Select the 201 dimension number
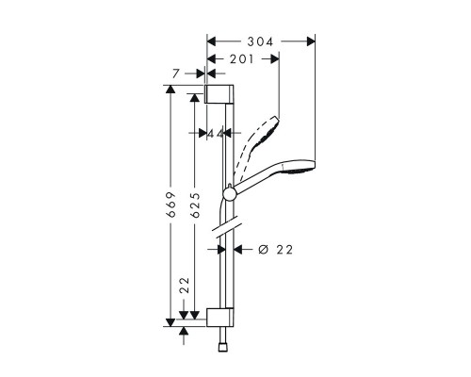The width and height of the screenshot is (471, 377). tap(241, 58)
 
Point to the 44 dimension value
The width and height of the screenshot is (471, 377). tap(216, 134)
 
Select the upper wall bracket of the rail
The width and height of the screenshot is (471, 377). tap(218, 92)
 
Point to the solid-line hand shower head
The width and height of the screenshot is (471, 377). tap(296, 167)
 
